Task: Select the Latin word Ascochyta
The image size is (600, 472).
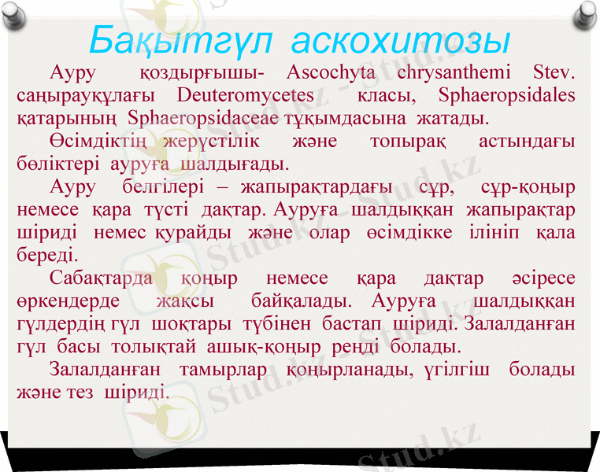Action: (x=334, y=74)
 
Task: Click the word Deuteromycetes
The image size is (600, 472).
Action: (x=246, y=97)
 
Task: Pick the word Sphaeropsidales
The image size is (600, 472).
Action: (x=506, y=97)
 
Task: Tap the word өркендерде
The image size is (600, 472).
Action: (x=68, y=302)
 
